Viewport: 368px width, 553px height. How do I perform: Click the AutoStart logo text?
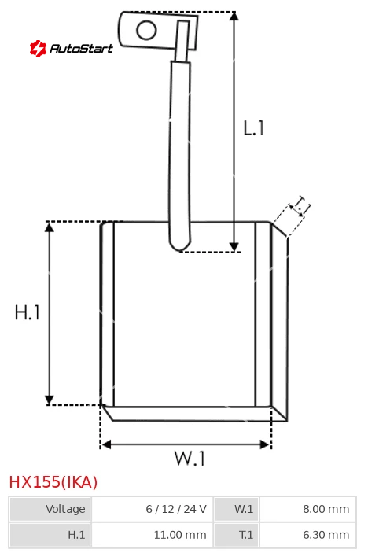(81, 48)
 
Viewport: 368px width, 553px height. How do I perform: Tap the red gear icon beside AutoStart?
(38, 48)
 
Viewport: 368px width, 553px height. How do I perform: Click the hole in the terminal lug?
(146, 30)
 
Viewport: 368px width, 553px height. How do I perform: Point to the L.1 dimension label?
(253, 127)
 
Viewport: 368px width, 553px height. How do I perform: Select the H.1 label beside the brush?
(28, 312)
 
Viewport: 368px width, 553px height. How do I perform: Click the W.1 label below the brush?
(190, 459)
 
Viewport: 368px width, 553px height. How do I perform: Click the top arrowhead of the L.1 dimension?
(234, 16)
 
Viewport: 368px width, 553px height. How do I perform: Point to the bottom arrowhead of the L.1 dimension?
(234, 247)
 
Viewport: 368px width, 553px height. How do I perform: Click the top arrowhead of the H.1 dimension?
(50, 227)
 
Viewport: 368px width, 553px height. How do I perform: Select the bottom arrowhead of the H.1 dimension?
(50, 400)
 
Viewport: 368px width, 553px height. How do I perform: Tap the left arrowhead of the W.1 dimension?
(106, 444)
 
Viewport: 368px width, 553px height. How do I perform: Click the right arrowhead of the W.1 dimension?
(265, 444)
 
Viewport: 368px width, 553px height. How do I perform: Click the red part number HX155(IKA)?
(53, 482)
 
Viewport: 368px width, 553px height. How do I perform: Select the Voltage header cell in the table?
(50, 509)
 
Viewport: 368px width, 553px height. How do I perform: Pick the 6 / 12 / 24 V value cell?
(152, 509)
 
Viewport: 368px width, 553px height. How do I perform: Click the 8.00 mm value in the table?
(326, 509)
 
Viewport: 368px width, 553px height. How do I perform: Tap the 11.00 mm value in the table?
(180, 535)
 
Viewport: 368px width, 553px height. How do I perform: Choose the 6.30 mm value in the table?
(326, 535)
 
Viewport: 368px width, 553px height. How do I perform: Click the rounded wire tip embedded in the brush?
(180, 245)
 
